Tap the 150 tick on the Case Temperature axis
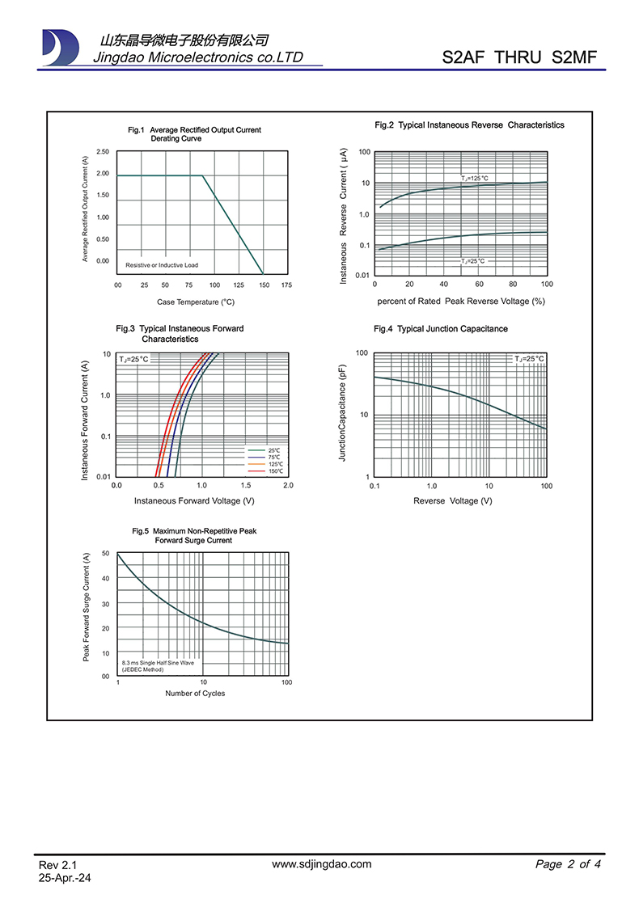click(264, 285)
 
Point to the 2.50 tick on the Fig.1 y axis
click(103, 152)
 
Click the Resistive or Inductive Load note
click(162, 265)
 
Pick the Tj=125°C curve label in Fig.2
click(475, 178)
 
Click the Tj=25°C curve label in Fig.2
click(474, 261)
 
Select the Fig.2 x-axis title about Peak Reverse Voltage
click(461, 302)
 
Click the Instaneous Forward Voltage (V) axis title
click(194, 501)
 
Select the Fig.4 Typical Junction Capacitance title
click(441, 329)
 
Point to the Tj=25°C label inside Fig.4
click(530, 358)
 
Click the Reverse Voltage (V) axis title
click(453, 501)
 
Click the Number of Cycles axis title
click(195, 694)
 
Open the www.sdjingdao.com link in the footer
click(322, 864)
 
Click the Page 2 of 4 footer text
click(568, 864)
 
